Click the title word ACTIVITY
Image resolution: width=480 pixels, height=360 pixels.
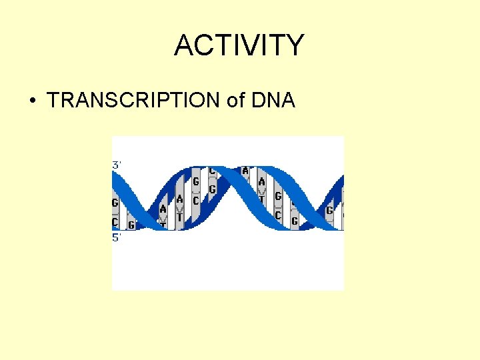(239, 45)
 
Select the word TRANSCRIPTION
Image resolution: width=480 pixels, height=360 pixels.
(134, 101)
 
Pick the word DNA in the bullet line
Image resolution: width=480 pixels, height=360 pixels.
(273, 101)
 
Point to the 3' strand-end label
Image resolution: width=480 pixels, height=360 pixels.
(117, 164)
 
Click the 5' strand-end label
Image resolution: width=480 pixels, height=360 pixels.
(117, 237)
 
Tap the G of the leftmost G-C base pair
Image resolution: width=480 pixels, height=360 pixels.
(115, 203)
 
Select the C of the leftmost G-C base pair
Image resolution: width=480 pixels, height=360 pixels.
(115, 221)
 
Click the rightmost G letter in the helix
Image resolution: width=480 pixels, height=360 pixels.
(329, 211)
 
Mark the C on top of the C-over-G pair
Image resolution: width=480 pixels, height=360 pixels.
(212, 171)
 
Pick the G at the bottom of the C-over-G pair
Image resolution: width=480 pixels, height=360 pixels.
(212, 190)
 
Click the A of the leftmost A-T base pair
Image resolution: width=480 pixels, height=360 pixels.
(163, 209)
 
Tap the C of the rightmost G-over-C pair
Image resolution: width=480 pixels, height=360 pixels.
(278, 215)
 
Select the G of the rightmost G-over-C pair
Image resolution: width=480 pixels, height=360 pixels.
(278, 196)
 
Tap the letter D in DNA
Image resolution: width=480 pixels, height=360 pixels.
(257, 101)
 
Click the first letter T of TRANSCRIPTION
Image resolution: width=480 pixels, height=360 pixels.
(53, 101)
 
